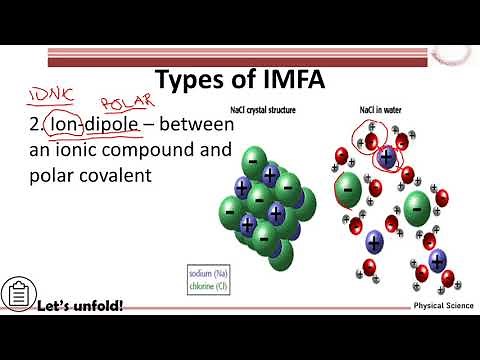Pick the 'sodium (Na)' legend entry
tap(213, 271)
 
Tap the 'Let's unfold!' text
tap(81, 304)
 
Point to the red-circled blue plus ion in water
tap(385, 157)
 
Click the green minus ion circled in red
tap(348, 187)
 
